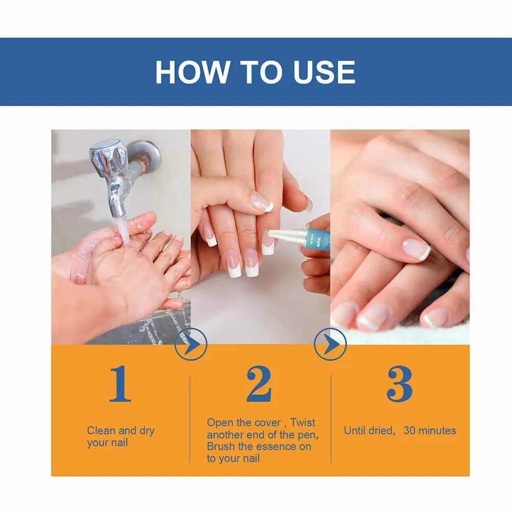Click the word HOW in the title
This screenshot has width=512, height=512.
193,72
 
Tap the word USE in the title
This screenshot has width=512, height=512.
324,72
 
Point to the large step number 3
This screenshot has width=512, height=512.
399,384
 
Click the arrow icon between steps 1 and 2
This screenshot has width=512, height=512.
191,344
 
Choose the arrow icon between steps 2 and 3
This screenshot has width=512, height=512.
330,344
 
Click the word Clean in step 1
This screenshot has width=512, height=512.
101,430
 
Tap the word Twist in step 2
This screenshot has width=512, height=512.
302,422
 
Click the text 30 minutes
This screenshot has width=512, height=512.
430,430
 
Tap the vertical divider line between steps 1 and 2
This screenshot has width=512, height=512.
190,419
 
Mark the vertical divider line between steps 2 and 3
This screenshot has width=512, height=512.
331,419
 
